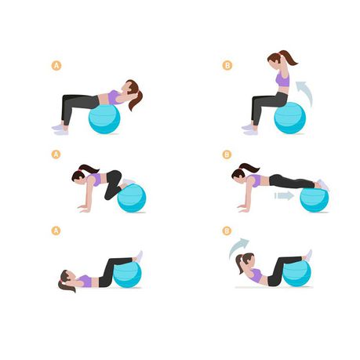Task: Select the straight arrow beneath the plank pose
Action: pos(284,195)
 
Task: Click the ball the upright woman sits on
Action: pos(289,118)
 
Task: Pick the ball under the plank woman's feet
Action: pos(314,199)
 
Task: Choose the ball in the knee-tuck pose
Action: pos(132,198)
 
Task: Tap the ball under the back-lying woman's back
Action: pos(104,118)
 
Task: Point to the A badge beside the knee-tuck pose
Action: pos(56,155)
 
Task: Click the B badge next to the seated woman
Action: pos(227,65)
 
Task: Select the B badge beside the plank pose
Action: pos(227,155)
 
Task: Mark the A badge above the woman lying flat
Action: pos(56,231)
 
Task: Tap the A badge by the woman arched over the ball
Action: pos(56,66)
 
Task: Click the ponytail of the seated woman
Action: pos(289,57)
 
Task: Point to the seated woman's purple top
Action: pos(283,80)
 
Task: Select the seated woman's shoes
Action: pos(249,129)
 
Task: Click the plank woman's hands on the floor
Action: pos(244,209)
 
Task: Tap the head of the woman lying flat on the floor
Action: pos(65,277)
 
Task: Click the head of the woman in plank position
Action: pos(238,173)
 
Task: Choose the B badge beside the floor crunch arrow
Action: pos(227,231)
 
